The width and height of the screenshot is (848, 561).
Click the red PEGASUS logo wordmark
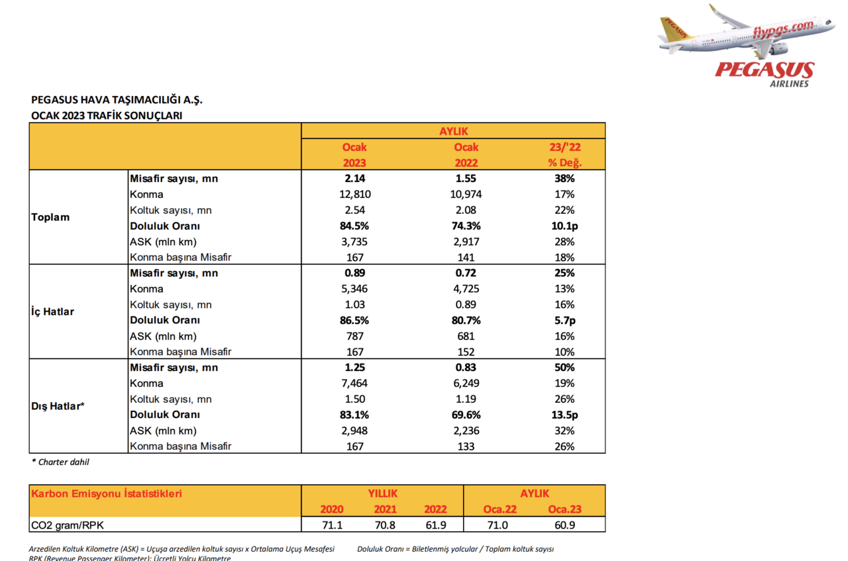click(x=764, y=70)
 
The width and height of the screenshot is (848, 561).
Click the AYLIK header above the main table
click(x=453, y=131)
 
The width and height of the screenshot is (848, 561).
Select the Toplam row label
click(x=50, y=217)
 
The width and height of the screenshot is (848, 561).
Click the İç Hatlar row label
click(x=52, y=312)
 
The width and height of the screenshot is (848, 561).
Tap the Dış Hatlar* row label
click(x=58, y=406)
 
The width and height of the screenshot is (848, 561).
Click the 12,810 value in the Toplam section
click(x=354, y=194)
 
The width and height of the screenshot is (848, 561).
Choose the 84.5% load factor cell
click(x=354, y=226)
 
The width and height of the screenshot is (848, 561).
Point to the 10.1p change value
click(x=565, y=226)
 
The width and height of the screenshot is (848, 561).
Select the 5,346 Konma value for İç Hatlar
click(x=354, y=289)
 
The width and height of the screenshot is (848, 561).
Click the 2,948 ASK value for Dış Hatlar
click(x=354, y=431)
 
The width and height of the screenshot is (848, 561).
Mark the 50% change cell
click(x=565, y=368)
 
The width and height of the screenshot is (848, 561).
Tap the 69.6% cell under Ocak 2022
click(x=466, y=415)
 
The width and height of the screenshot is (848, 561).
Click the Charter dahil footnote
click(x=60, y=462)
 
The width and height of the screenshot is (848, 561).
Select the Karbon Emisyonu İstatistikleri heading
click(x=106, y=493)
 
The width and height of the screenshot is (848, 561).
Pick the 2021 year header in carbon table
click(x=385, y=509)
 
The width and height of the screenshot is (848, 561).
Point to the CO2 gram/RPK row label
click(x=67, y=525)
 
